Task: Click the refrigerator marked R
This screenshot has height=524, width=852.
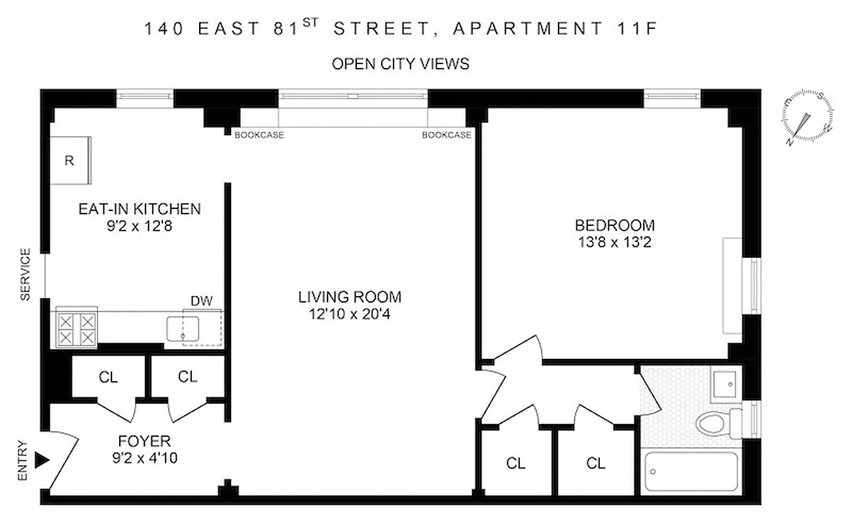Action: (69, 160)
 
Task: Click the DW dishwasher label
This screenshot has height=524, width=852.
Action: (201, 301)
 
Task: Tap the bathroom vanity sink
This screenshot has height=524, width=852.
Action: (724, 383)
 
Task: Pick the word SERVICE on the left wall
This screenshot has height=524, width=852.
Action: (26, 274)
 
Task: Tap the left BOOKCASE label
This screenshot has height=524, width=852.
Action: (259, 136)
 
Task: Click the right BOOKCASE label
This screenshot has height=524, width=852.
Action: (446, 136)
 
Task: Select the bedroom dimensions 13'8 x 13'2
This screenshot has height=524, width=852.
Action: (614, 242)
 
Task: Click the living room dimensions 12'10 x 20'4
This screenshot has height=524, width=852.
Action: (349, 314)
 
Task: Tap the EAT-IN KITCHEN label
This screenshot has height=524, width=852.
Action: (139, 210)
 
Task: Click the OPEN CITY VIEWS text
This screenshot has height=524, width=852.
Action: (400, 64)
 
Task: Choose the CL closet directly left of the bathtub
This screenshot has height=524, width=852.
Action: (595, 464)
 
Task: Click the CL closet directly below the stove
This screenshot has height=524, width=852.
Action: (108, 377)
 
